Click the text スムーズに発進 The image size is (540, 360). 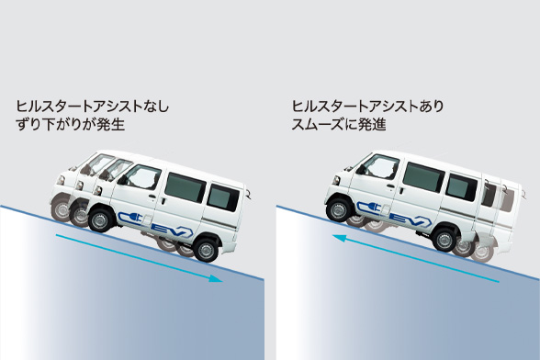pos(339,124)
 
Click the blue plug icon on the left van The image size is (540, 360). pos(131,218)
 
